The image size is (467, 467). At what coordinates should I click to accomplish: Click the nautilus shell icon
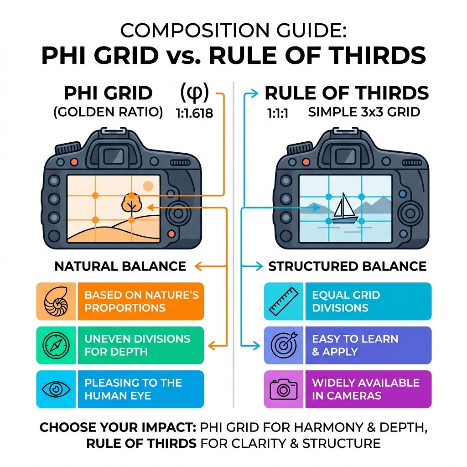[57, 301]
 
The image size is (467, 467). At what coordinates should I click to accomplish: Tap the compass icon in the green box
[57, 345]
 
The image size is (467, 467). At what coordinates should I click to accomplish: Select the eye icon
[57, 389]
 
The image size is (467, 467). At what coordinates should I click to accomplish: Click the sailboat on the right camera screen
[343, 209]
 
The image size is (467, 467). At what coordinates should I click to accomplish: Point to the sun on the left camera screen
[148, 186]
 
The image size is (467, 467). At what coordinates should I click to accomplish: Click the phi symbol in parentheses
[195, 93]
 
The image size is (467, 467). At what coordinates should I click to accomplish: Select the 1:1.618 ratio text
[195, 113]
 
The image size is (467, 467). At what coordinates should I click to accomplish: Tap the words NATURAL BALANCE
[120, 266]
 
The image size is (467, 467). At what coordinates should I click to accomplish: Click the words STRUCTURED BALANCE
[348, 266]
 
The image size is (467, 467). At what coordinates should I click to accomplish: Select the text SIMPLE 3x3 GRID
[364, 113]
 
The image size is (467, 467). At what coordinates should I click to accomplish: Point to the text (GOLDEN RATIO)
[108, 113]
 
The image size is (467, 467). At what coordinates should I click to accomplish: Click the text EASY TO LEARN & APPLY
[355, 345]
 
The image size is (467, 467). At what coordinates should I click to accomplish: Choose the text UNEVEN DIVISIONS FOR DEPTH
[137, 345]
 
